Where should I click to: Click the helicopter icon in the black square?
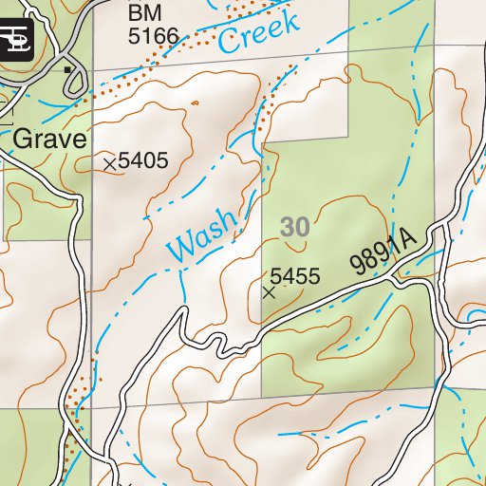coord(17,39)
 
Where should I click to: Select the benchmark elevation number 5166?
coord(153,37)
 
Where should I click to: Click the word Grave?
coord(49,140)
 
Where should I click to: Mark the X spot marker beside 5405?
coord(109,164)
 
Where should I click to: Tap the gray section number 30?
coord(295,227)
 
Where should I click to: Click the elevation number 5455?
coord(295,277)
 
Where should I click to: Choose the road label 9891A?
coord(384,252)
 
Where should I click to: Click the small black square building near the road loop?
coord(66,70)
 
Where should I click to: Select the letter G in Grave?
coord(23,140)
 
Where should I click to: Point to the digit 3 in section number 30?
coord(288,227)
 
